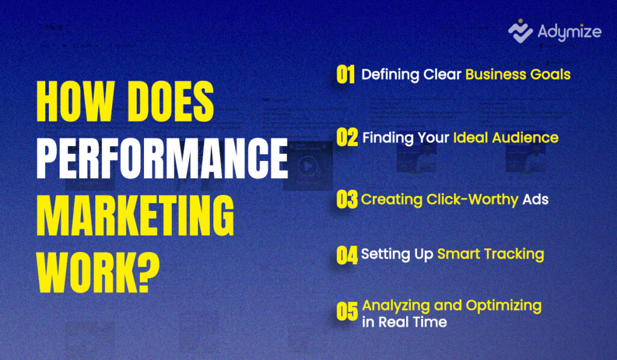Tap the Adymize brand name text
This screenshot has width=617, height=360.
point(569,32)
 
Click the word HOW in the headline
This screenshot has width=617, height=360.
point(75,102)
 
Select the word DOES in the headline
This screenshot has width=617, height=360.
point(171,102)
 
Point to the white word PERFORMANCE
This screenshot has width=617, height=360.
point(162,159)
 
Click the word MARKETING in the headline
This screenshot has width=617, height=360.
point(136,215)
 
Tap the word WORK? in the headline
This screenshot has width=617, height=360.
point(98,273)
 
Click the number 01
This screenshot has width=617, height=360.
point(345,74)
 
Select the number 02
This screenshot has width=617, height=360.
point(347,137)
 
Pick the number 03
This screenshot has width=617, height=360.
point(347,200)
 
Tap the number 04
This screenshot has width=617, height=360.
point(347,255)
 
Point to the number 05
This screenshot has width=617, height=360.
point(347,312)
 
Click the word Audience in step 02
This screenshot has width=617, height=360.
point(525,138)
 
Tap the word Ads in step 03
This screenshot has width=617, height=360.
point(535,200)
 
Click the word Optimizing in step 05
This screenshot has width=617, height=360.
point(504,306)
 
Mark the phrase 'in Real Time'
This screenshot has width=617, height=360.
point(404,322)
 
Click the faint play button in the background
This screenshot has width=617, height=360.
point(308,166)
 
